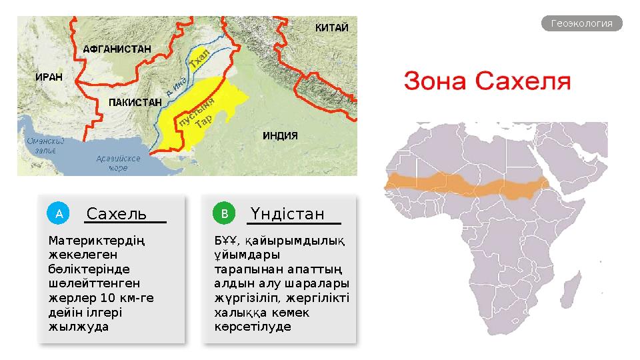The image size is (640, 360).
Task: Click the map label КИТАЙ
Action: click(331, 28)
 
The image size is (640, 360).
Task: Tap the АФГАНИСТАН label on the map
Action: click(117, 49)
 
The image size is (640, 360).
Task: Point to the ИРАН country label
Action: click(48, 77)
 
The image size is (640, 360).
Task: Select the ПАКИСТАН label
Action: click(135, 103)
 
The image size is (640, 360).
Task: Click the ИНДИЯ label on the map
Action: click(280, 135)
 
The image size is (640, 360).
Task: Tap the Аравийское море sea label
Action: click(117, 163)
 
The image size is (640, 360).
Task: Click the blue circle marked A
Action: click(59, 214)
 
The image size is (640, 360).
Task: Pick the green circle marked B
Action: click(225, 214)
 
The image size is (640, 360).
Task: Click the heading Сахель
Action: click(117, 214)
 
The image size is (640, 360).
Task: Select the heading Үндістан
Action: click(288, 214)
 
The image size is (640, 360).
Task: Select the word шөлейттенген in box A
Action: click(89, 283)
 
